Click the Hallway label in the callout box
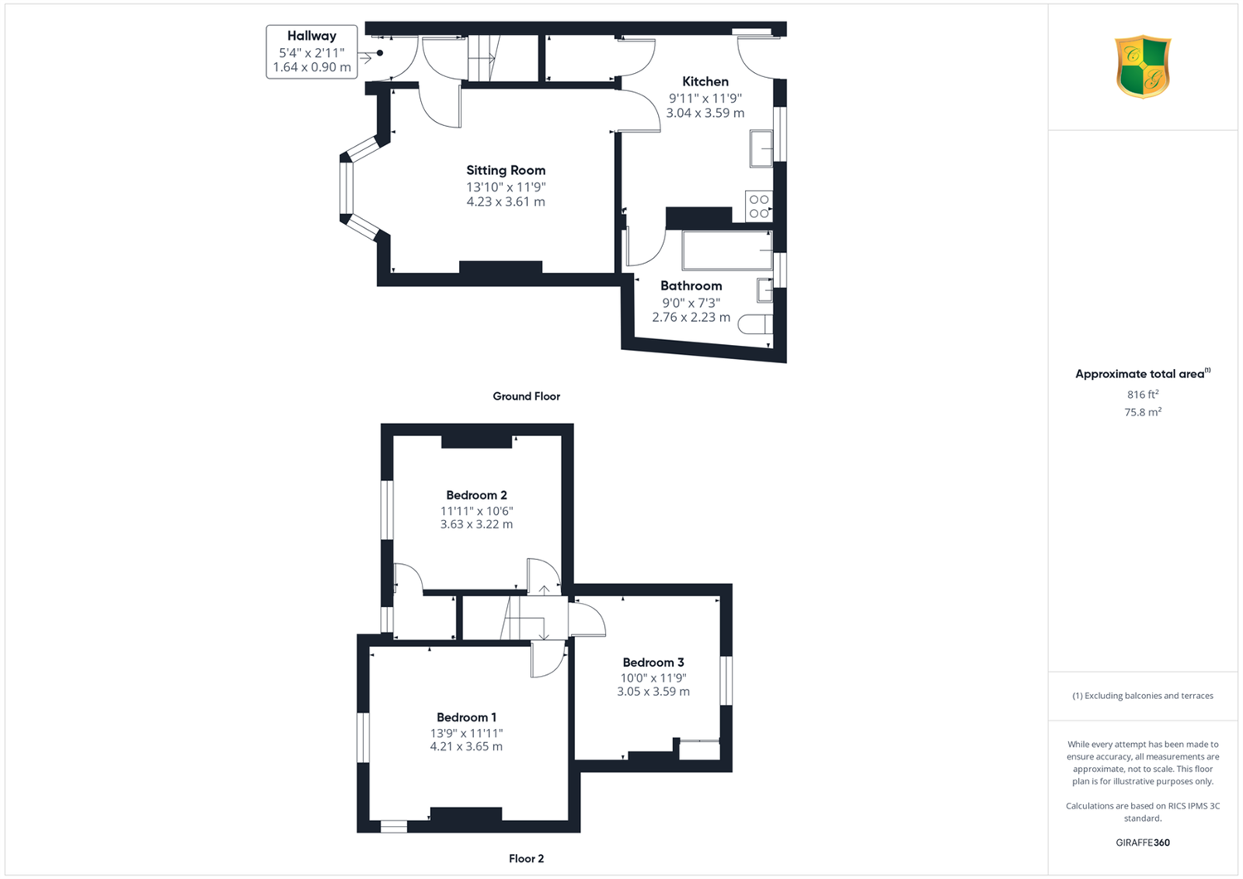pos(312,36)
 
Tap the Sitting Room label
pos(505,170)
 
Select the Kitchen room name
pos(704,81)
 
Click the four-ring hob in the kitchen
pos(758,206)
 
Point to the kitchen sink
pos(761,148)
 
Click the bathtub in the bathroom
pos(727,250)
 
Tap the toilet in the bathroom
pos(755,324)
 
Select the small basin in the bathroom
pos(765,290)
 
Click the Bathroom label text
pos(691,285)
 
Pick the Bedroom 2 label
pos(476,495)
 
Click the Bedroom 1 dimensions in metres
pos(466,746)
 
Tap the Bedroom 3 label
pos(653,662)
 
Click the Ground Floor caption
pos(526,396)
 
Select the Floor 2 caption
pos(526,858)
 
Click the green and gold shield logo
pos(1143,66)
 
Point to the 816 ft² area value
pos(1143,394)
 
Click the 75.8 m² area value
pos(1143,412)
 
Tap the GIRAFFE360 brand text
pos(1143,843)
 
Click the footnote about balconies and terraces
pos(1143,696)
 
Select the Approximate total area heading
pos(1143,374)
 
